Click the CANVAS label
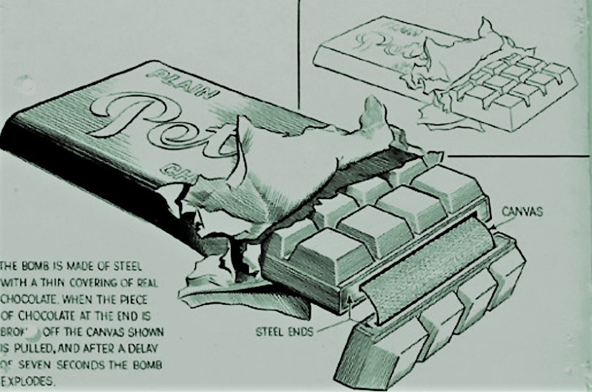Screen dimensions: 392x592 (x=523, y=212)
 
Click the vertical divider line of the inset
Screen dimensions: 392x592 (x=299, y=53)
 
